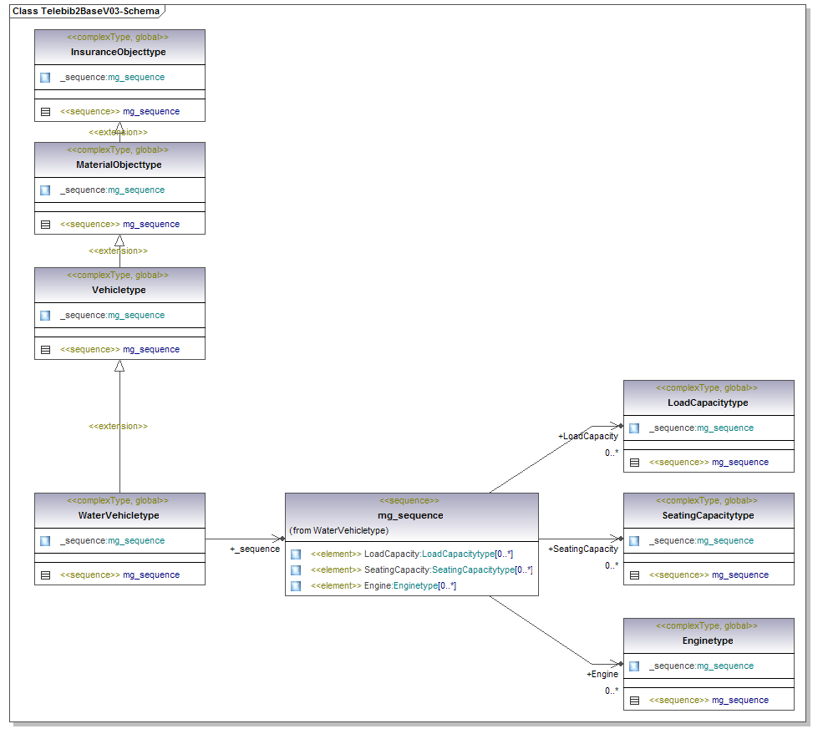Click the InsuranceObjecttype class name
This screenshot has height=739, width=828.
click(119, 52)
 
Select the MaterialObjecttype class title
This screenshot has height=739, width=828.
click(119, 165)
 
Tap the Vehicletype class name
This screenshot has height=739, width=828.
click(119, 290)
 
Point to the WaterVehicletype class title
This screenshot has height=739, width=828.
click(119, 515)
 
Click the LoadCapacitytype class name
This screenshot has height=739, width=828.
click(709, 402)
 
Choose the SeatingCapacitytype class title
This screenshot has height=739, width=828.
click(709, 515)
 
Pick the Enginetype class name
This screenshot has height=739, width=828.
click(709, 640)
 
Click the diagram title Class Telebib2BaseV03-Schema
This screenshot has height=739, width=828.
click(85, 12)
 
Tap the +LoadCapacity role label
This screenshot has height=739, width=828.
click(588, 436)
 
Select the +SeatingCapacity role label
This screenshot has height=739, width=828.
click(583, 549)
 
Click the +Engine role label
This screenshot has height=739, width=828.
click(602, 674)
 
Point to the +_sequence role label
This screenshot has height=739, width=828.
click(255, 549)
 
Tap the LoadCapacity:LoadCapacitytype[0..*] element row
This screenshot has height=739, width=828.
click(411, 554)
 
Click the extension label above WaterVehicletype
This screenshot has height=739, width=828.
click(119, 426)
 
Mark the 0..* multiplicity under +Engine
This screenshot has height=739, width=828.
click(612, 691)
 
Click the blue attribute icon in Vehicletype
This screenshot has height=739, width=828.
click(45, 316)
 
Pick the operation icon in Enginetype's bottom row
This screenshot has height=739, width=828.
click(634, 701)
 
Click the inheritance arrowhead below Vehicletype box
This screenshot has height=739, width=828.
click(119, 366)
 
